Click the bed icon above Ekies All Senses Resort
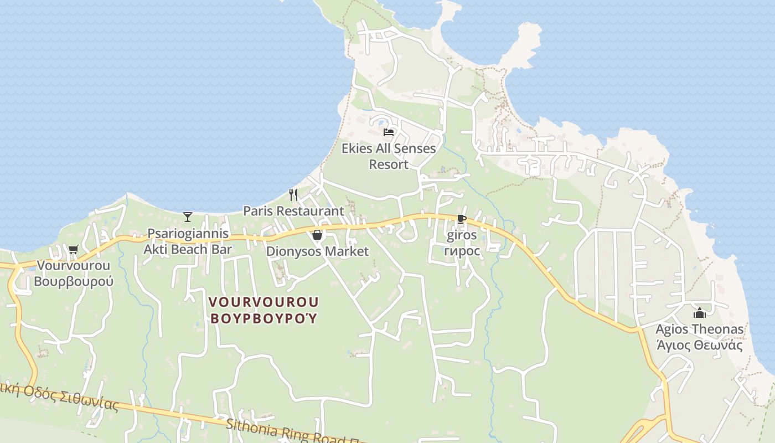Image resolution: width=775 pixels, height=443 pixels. (x=389, y=132)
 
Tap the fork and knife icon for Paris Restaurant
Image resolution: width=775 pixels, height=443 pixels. (x=293, y=194)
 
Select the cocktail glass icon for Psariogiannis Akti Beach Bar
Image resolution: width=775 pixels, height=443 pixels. (x=188, y=217)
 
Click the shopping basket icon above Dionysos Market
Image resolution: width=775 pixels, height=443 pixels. (x=317, y=235)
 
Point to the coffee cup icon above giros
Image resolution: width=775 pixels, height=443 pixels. (x=461, y=219)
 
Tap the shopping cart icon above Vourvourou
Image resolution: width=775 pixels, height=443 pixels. (x=74, y=249)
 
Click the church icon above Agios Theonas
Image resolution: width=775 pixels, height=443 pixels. (x=700, y=313)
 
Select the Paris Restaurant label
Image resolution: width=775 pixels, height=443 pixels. (x=293, y=211)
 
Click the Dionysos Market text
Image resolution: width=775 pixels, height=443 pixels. (x=317, y=251)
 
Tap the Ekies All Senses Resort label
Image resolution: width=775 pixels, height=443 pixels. (x=389, y=156)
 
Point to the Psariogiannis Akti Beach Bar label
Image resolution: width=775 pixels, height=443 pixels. (x=188, y=241)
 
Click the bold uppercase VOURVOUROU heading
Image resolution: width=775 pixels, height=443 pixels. (x=263, y=302)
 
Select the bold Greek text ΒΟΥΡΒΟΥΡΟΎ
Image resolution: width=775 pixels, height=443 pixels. (x=263, y=318)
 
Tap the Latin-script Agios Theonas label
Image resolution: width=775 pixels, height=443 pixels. (x=700, y=329)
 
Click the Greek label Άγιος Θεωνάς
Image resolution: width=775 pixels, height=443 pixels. (x=700, y=345)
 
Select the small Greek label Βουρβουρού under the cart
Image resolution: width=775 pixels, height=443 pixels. (x=74, y=281)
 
